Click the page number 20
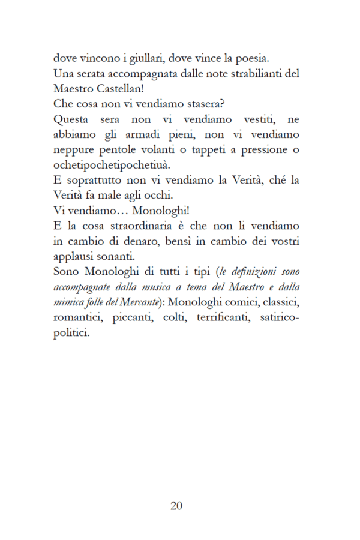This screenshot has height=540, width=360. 176,505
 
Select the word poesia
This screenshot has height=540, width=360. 251,59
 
